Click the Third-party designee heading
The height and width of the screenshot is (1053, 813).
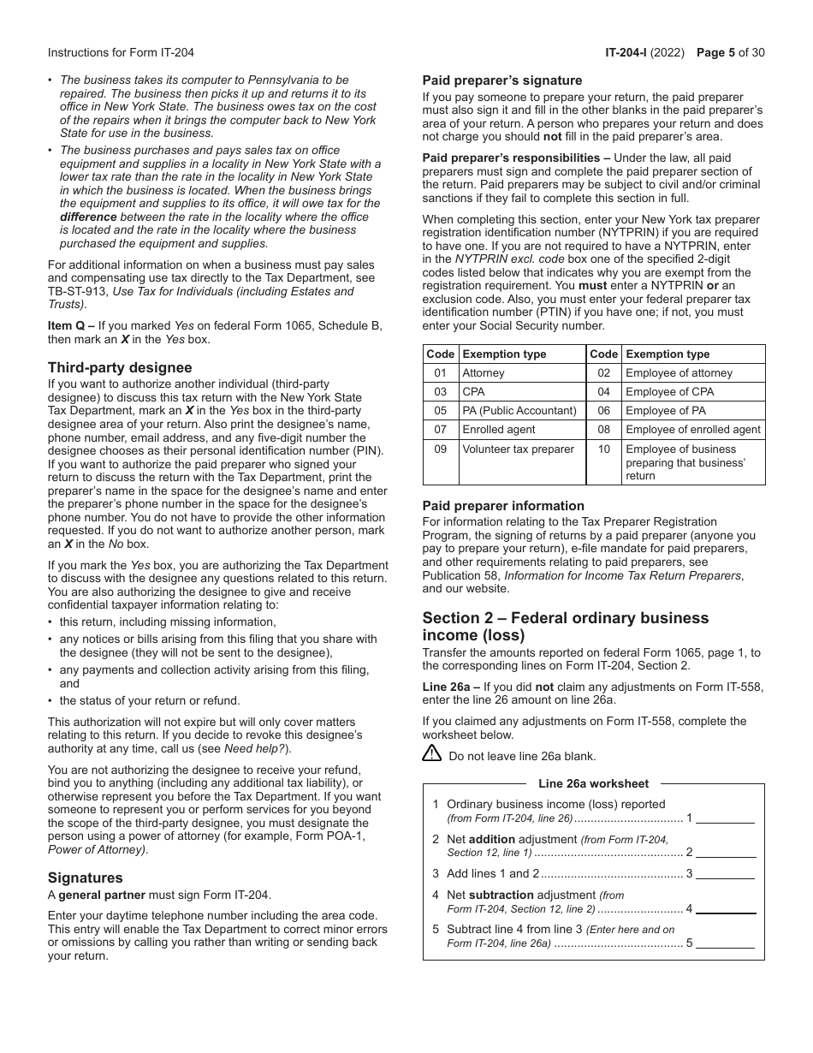120,368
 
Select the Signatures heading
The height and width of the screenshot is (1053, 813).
86,878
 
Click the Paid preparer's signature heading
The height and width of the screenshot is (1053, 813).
502,80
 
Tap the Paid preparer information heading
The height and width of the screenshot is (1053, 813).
503,506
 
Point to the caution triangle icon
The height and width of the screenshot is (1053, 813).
432,754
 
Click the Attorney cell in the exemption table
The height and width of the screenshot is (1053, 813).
484,373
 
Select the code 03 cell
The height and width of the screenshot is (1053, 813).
441,392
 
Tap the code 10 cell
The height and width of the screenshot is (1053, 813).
604,449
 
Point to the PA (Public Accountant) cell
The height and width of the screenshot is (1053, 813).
519,411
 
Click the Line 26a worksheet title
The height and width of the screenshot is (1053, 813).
593,784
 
